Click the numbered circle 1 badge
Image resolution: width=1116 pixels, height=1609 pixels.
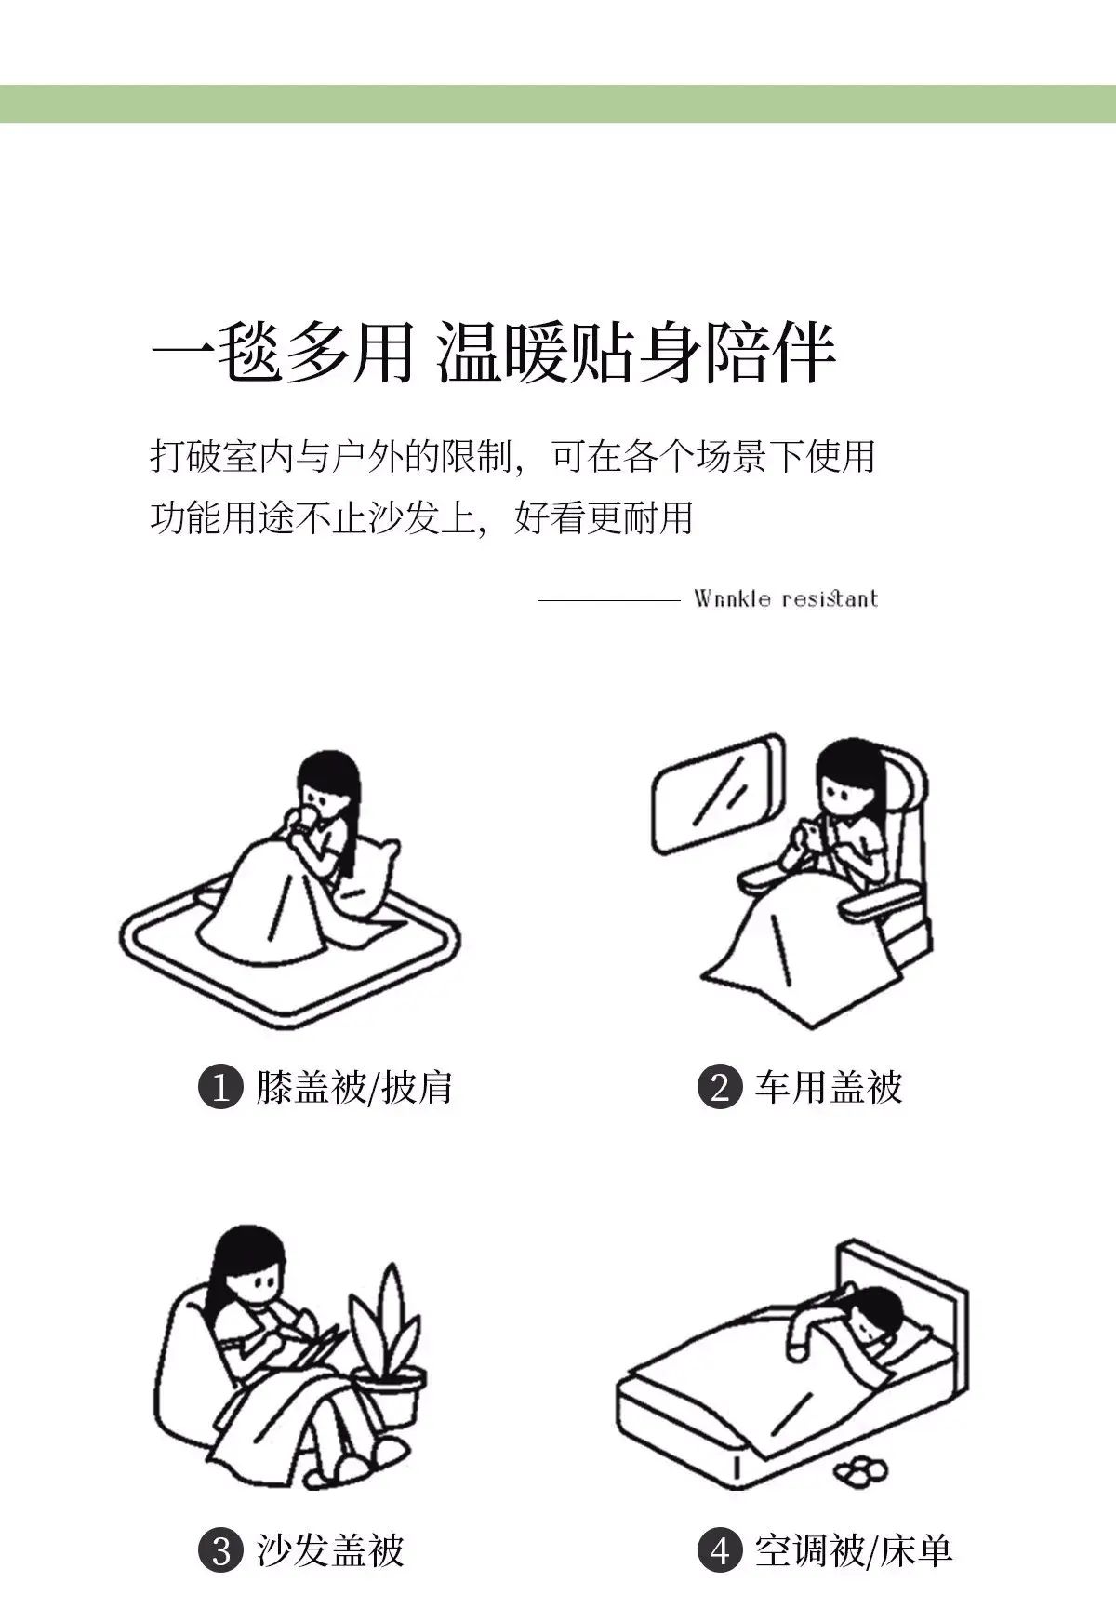click(x=220, y=1087)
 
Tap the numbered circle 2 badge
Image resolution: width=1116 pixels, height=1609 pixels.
click(x=720, y=1087)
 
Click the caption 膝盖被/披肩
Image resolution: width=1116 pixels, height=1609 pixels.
click(x=354, y=1087)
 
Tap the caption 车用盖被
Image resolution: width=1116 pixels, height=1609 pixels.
click(x=829, y=1087)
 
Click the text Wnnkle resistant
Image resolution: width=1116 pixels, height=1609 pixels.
click(x=786, y=598)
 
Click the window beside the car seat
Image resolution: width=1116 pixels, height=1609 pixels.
click(x=716, y=794)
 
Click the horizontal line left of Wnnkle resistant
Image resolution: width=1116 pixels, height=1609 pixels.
click(x=609, y=600)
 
